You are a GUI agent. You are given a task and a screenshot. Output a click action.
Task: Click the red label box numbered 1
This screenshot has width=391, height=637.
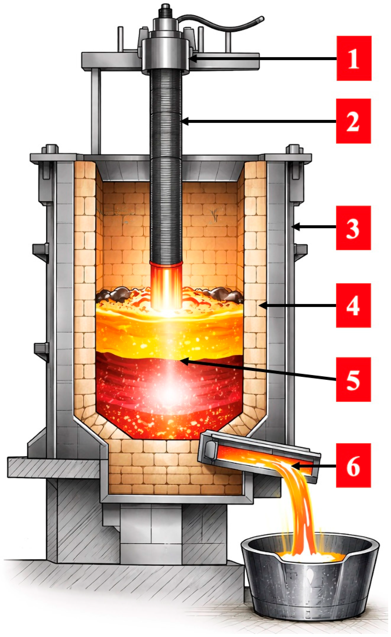(354, 58)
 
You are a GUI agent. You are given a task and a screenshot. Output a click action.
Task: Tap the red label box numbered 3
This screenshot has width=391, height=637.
(353, 228)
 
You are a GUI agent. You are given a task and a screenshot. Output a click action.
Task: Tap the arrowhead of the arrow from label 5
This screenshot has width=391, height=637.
(182, 361)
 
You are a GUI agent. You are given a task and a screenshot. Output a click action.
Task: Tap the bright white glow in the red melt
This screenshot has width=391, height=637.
(169, 393)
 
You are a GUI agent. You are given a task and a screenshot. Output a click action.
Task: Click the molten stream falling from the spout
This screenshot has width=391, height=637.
(303, 507)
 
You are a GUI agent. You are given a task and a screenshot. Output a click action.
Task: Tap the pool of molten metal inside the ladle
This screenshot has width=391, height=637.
(310, 556)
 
